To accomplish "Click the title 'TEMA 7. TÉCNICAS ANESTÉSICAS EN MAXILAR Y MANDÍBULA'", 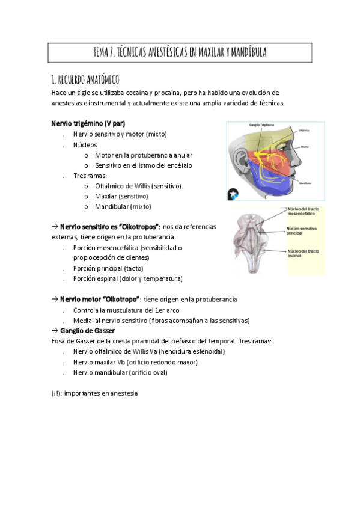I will coord(180,53).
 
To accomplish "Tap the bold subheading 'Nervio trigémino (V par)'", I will coord(88,123).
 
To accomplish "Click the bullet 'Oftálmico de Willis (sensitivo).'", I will coord(139,186).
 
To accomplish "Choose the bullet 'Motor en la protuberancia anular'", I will coord(144,155).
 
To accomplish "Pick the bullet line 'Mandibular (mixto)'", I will coord(123,206).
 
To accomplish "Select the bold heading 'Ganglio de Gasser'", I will coord(87,330).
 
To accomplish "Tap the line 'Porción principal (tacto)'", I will coord(108,268).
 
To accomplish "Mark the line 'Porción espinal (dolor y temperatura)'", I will coord(127,279).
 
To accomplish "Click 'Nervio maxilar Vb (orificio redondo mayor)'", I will coord(135,362).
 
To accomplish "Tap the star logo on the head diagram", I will coord(233,194).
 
